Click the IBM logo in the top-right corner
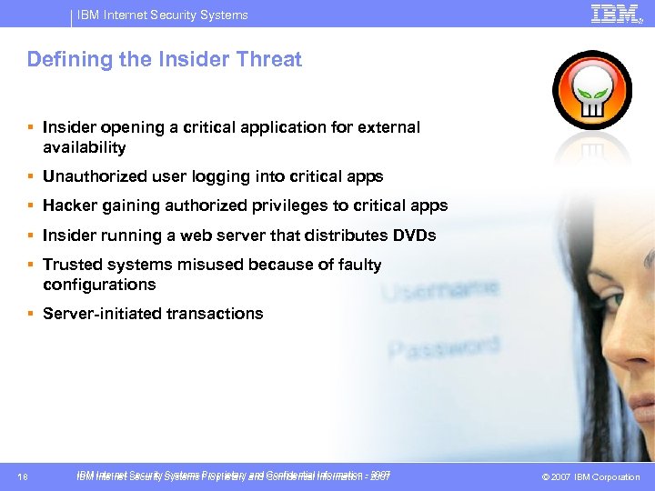click(616, 14)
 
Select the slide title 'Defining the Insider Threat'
click(164, 60)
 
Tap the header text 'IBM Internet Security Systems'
click(162, 15)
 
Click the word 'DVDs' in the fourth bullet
click(414, 235)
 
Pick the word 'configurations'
click(99, 285)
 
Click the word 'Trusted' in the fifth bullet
click(73, 265)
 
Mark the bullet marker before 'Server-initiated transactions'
click(30, 314)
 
